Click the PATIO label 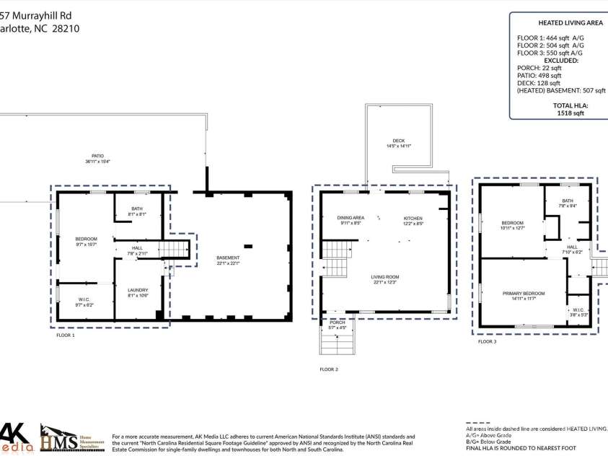(x=97, y=156)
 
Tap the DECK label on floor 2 (x=398, y=141)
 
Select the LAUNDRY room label (x=138, y=290)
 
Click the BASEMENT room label (x=228, y=258)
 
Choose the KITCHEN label (x=413, y=218)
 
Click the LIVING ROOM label (x=386, y=277)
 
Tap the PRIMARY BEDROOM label (x=524, y=294)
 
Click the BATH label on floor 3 (x=568, y=201)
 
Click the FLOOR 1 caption (x=66, y=336)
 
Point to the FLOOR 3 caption (x=487, y=341)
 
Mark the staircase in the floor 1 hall (x=175, y=250)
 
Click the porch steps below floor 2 (x=338, y=341)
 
